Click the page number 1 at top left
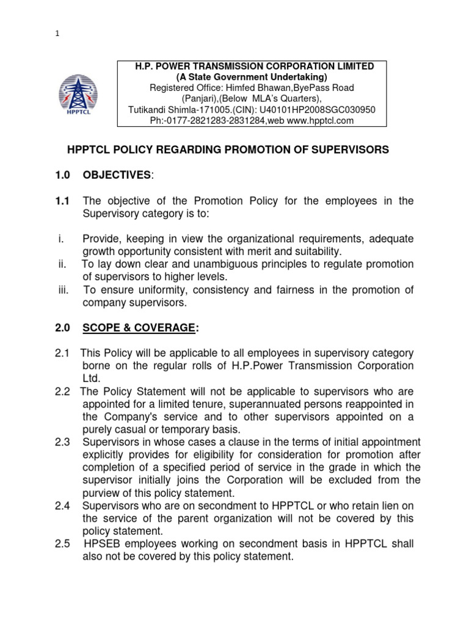pyautogui.click(x=57, y=35)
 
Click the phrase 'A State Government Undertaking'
pyautogui.click(x=252, y=77)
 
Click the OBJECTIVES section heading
pyautogui.click(x=115, y=176)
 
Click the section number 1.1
pyautogui.click(x=64, y=202)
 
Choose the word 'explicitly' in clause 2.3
pyautogui.click(x=104, y=454)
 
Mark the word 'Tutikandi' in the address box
pyautogui.click(x=147, y=110)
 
